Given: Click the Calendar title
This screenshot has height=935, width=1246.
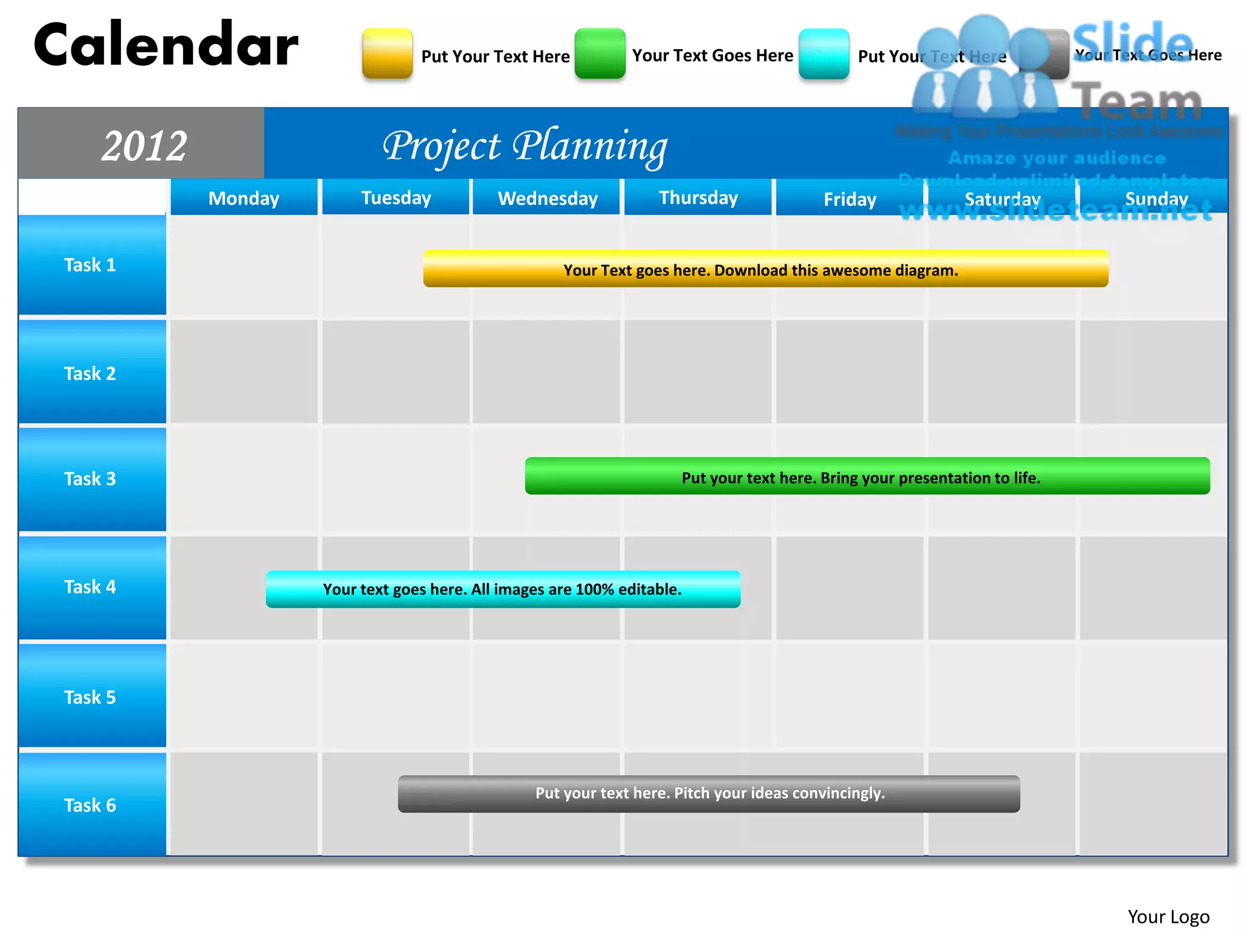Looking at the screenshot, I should coord(165,45).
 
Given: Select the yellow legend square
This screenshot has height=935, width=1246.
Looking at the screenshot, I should coord(387,54).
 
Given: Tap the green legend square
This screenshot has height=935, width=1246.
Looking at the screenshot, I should coord(600,54).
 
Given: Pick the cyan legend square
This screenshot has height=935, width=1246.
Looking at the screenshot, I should coord(824,54).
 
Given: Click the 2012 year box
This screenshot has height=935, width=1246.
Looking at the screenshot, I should coord(144,145).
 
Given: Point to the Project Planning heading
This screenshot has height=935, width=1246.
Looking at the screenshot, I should coord(524,146).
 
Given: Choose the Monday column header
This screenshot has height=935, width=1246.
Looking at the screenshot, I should coord(243,198).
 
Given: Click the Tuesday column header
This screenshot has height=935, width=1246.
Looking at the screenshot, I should coord(395,198).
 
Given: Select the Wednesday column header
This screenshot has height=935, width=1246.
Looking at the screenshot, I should coord(547,198).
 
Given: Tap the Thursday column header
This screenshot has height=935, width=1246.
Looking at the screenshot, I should coord(698,198).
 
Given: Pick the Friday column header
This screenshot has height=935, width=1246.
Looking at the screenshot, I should coord(849,198).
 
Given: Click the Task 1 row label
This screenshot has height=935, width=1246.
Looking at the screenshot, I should coord(91,265).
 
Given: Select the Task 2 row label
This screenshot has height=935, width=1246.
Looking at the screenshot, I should coord(91,373).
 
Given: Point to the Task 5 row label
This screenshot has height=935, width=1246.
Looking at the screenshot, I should coord(91,697).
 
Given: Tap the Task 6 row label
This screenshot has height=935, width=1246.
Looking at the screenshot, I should coord(91,805).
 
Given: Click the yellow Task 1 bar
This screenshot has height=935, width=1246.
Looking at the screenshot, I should coord(765,269).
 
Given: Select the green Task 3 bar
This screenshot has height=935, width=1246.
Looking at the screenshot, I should coord(867,477).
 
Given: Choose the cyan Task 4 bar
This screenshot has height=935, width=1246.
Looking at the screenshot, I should coord(503,589).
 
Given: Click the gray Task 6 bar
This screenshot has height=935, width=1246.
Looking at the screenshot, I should coord(709,794).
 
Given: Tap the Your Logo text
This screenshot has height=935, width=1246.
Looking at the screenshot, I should coord(1168,917).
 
